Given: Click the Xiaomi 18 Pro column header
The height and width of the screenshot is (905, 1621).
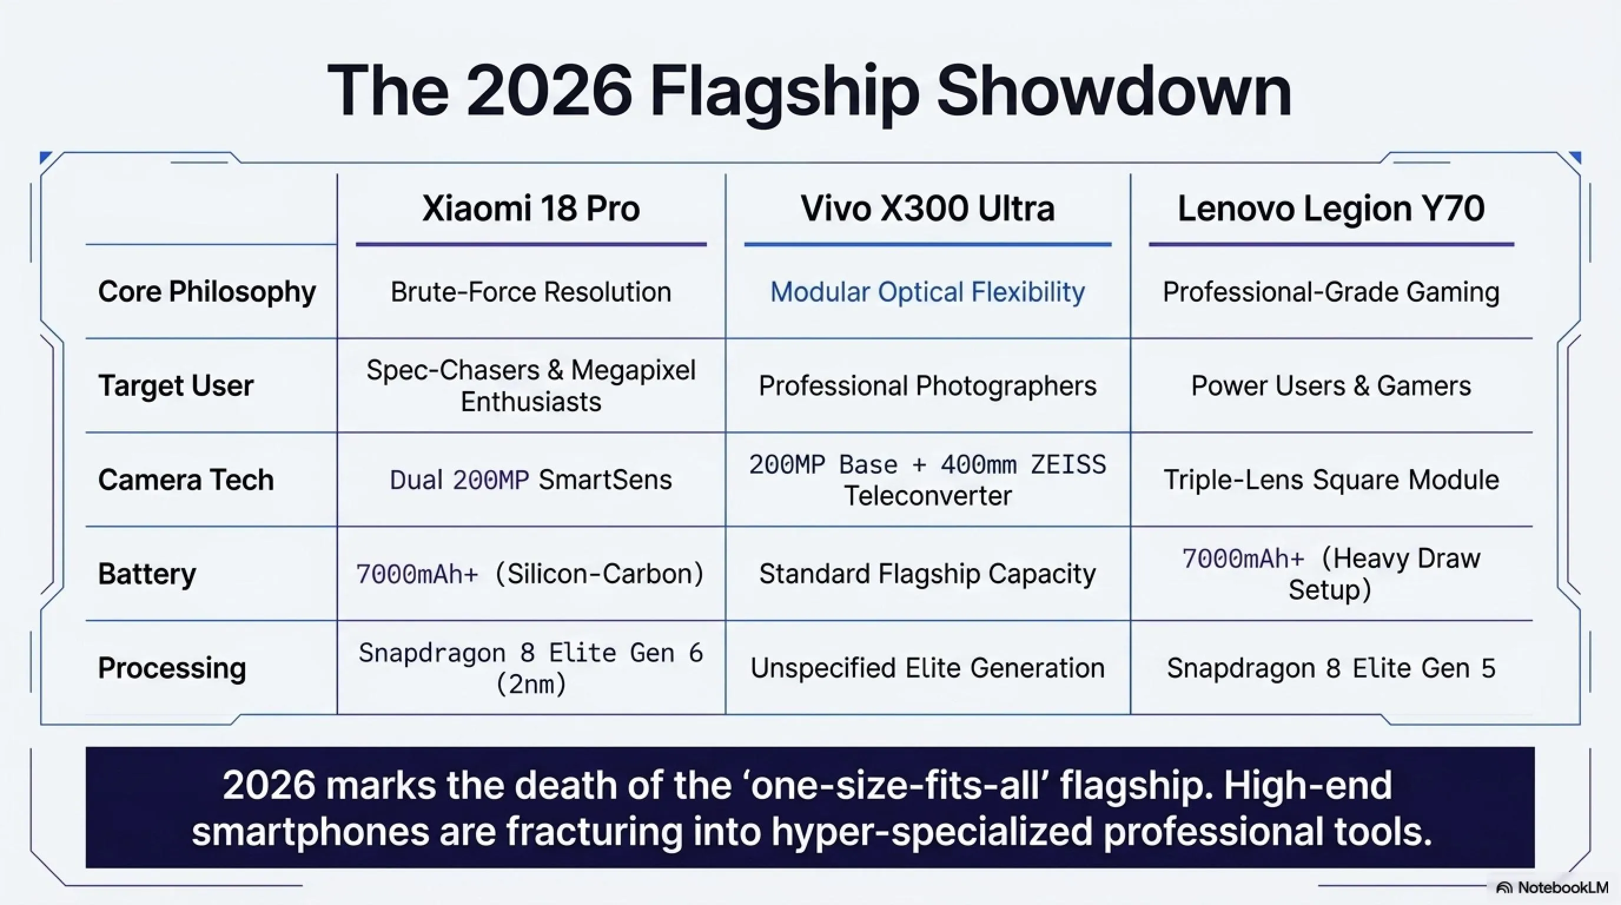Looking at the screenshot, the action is click(x=531, y=209).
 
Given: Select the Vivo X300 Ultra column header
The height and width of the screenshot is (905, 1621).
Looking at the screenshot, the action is click(x=928, y=209).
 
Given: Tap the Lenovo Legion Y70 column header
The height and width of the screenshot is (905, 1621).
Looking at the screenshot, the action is click(x=1331, y=210).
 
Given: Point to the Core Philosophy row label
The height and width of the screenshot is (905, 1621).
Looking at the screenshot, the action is click(x=207, y=292).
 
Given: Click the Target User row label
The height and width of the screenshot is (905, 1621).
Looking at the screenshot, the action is click(x=176, y=386).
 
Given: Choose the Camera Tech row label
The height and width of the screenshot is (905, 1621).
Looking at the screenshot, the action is click(x=186, y=480).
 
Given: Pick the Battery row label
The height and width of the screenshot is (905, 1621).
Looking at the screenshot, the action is click(x=147, y=574).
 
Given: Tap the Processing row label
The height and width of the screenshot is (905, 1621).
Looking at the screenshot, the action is click(x=172, y=668).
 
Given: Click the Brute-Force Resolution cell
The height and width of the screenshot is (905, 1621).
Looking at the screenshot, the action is click(x=531, y=292).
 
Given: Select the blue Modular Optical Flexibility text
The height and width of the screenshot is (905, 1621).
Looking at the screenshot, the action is click(x=928, y=292).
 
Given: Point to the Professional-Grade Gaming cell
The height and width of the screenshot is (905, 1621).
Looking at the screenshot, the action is click(x=1331, y=292).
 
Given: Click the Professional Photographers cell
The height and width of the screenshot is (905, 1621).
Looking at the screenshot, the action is click(x=928, y=386).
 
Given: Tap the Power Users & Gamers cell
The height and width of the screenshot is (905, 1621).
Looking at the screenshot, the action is click(x=1331, y=386).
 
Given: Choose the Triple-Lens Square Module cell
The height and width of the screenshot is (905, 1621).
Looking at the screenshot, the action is click(x=1331, y=480).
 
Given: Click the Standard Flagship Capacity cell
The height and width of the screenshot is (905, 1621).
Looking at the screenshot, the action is click(x=928, y=574).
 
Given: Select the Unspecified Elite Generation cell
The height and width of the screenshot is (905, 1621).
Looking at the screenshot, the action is click(x=928, y=668).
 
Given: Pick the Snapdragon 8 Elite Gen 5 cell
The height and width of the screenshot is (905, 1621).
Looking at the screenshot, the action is click(x=1331, y=668).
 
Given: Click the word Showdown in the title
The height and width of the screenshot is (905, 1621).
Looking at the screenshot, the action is click(x=1114, y=91).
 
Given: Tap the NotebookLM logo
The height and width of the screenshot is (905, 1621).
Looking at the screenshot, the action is click(x=1551, y=888).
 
